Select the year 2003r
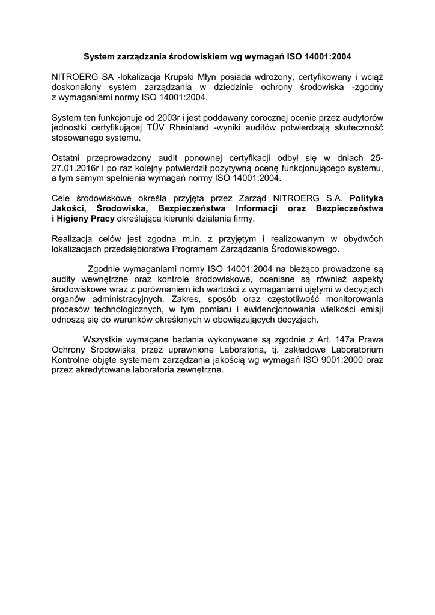coord(159,118)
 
